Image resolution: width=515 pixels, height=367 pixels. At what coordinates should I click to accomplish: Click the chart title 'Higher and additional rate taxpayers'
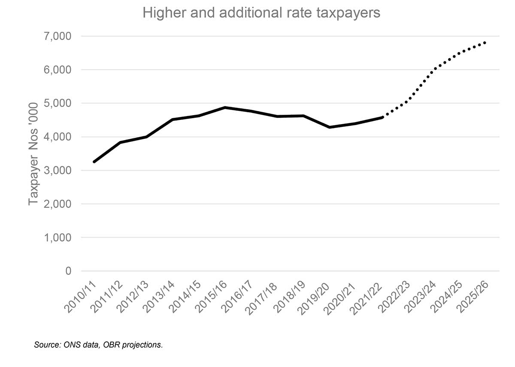tap(261, 13)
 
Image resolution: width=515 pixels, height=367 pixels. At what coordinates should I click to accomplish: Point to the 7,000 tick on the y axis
tap(58, 36)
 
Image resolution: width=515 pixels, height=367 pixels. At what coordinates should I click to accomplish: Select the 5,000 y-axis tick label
tap(58, 103)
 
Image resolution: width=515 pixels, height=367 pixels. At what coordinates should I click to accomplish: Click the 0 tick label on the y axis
tap(68, 271)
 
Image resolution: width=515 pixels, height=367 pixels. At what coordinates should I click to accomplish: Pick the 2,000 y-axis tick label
tap(58, 204)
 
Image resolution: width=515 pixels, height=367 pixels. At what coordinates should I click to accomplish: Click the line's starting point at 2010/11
tap(94, 162)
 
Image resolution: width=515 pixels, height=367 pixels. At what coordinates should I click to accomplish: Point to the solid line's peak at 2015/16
tap(225, 107)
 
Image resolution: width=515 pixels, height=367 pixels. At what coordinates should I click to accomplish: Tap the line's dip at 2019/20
tap(330, 127)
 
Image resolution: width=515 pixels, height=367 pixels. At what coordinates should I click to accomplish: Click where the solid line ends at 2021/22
tap(382, 117)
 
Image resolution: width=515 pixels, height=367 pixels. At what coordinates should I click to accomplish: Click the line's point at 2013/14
tap(173, 119)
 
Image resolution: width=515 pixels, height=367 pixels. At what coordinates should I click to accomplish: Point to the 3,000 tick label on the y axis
tap(58, 171)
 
